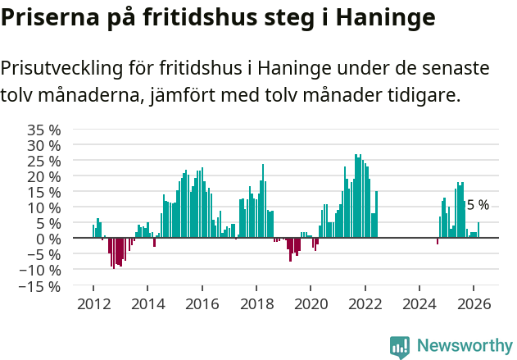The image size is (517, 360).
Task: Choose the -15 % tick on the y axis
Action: point(39,286)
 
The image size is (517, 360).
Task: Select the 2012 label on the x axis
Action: point(93,303)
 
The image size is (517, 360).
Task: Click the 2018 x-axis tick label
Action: point(256,303)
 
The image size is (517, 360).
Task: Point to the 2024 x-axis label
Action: point(419,303)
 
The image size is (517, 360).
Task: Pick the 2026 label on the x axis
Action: point(474,303)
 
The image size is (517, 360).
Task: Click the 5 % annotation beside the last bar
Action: point(478,205)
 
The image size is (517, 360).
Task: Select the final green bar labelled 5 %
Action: point(478,230)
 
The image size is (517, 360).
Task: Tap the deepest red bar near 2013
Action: point(113,253)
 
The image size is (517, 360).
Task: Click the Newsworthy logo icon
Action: point(399,347)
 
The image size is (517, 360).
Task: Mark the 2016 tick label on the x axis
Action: point(202,303)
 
